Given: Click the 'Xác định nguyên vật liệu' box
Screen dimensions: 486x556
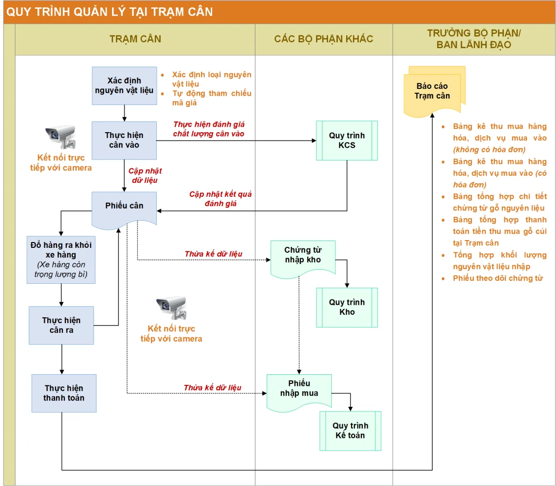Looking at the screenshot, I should [x=124, y=86].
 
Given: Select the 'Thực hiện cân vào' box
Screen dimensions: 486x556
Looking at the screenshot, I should [x=124, y=140].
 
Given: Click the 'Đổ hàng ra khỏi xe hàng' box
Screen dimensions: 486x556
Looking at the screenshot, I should [x=61, y=260].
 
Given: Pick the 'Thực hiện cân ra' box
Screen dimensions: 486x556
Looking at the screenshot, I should [x=61, y=325].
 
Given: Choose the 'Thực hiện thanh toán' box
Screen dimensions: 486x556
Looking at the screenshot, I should [x=64, y=393].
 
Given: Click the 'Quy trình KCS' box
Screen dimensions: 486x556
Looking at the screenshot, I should [x=347, y=140].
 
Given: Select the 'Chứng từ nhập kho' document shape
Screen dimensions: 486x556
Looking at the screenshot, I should [x=303, y=257].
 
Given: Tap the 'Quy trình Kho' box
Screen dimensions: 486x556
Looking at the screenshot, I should [x=347, y=307].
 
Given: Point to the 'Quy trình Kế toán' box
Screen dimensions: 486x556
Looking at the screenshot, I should [x=350, y=431].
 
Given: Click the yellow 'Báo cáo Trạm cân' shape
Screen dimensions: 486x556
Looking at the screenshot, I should [x=433, y=92].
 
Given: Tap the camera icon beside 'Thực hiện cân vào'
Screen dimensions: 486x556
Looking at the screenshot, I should [x=61, y=136].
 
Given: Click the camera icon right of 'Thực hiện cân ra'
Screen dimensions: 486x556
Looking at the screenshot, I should [x=171, y=308].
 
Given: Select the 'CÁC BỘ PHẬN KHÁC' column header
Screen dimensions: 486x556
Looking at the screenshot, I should [x=324, y=39].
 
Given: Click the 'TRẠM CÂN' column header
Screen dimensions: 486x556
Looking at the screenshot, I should [x=135, y=39].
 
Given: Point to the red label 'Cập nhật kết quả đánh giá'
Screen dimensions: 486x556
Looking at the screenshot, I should [x=220, y=199].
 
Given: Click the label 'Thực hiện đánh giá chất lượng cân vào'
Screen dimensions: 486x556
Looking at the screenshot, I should [x=209, y=129].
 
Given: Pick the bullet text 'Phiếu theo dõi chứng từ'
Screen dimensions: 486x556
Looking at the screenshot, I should [x=497, y=278].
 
